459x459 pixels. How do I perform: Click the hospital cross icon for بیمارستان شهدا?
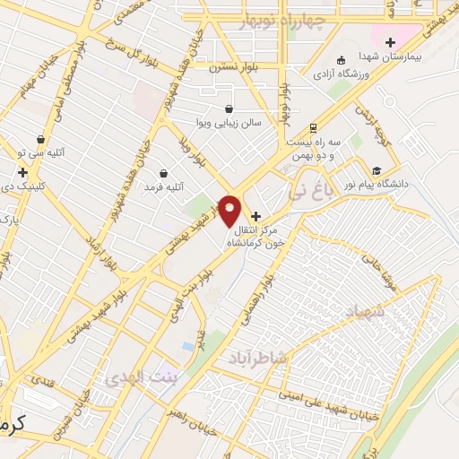[390, 41]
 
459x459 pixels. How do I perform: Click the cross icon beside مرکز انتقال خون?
[256, 216]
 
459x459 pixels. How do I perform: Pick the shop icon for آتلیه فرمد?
[163, 172]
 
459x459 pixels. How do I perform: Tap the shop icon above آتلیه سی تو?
[40, 139]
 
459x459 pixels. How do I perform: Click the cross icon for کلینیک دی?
[22, 171]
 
